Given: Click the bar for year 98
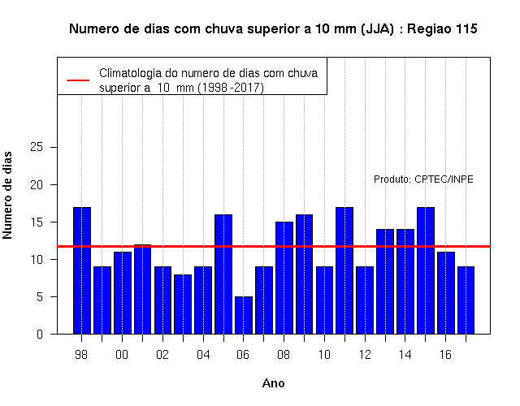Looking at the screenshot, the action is [82, 270].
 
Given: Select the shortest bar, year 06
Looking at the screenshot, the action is [244, 315].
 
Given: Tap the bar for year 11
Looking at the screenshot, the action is [344, 270].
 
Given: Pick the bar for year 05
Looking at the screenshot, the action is [223, 274].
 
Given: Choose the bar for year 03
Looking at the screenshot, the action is [183, 304].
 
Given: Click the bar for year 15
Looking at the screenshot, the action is [426, 270].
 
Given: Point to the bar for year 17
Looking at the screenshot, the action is [466, 300].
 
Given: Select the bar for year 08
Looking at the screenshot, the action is [284, 278].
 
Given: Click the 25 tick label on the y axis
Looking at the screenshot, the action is [37, 147].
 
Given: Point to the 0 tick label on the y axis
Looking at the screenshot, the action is [40, 334].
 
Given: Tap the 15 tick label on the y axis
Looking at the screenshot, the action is [37, 222].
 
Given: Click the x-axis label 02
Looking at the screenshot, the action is [162, 355].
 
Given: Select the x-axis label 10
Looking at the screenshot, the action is [324, 355].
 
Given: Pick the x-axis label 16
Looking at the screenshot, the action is [445, 355].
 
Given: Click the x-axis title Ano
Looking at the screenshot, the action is [274, 383].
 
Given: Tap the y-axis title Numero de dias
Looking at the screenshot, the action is [7, 196].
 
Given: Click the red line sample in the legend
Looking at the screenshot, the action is [78, 80].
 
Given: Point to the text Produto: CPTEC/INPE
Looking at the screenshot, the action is [423, 179].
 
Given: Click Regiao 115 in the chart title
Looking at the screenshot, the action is [442, 29].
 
